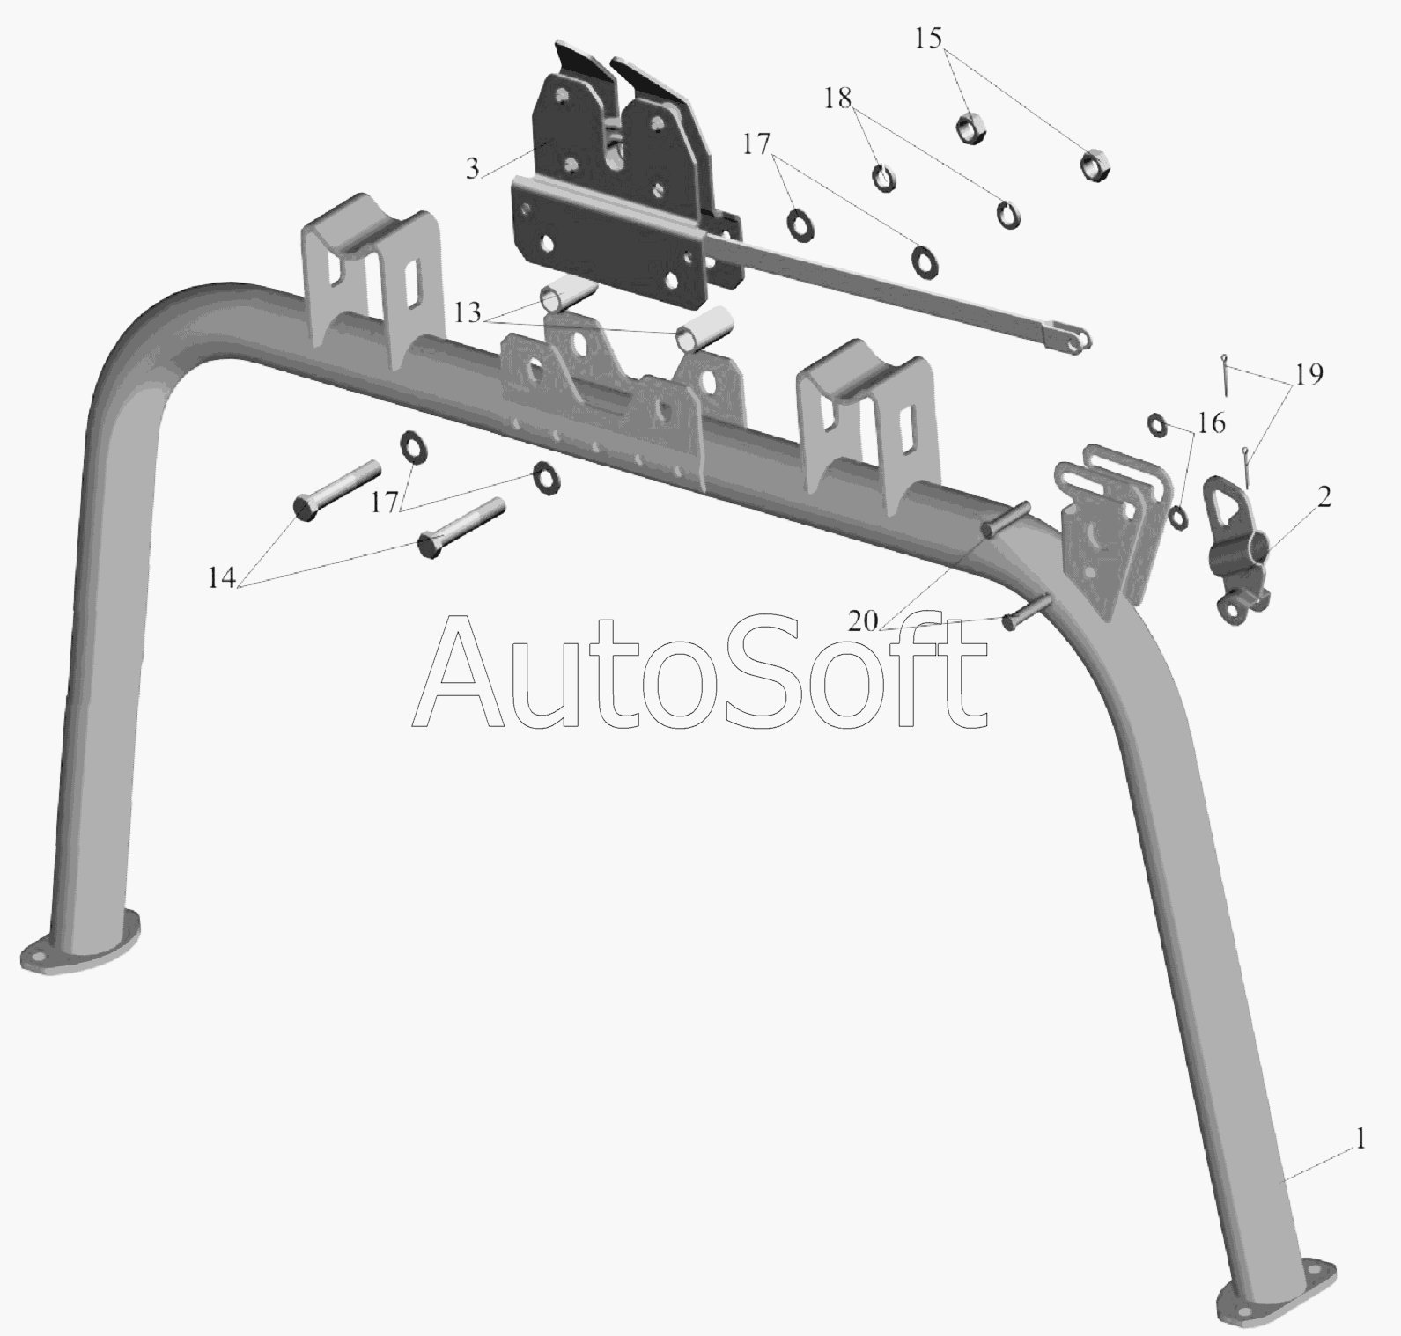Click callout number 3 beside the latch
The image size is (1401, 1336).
(x=473, y=169)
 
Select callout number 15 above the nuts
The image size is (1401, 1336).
(x=928, y=39)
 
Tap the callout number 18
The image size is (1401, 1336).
(x=838, y=99)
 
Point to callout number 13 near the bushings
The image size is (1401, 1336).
(x=468, y=312)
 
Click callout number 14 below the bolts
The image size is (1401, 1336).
(x=222, y=578)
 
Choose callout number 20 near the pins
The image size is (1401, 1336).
(x=863, y=621)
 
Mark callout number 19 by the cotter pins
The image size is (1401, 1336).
(x=1309, y=374)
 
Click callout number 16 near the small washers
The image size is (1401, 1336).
(x=1212, y=423)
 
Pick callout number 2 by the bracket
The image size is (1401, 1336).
(x=1324, y=496)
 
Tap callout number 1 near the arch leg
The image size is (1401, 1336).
(x=1360, y=1141)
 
